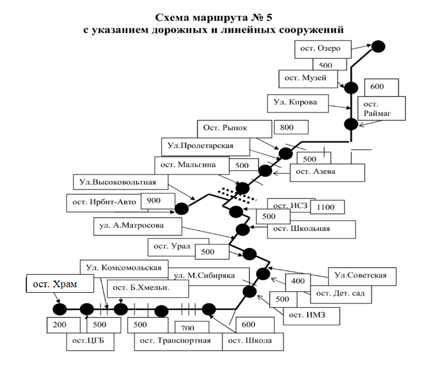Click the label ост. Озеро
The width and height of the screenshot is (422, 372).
pos(321,48)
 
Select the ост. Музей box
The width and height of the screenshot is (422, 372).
pos(306,78)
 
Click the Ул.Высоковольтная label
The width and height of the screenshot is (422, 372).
pos(117,182)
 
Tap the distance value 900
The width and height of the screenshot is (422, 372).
pos(155,201)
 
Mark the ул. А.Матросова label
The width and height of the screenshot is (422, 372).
pos(131,225)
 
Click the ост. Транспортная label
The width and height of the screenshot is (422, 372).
pos(175,341)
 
